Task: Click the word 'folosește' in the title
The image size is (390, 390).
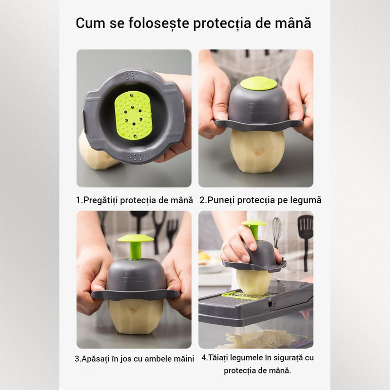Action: coord(159,23)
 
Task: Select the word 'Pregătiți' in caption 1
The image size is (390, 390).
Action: coord(100,200)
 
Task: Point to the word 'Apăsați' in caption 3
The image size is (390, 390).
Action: coord(95,359)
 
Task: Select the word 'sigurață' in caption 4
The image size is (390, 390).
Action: coord(288,358)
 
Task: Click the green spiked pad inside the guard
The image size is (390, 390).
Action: coord(133,115)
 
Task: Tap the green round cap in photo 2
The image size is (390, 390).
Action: coord(258,83)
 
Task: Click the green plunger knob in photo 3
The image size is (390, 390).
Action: coord(136,246)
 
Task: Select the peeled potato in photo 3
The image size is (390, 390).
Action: coord(136,316)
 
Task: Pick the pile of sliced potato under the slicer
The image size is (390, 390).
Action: coord(261,339)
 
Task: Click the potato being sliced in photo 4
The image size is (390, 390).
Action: coord(253,283)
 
